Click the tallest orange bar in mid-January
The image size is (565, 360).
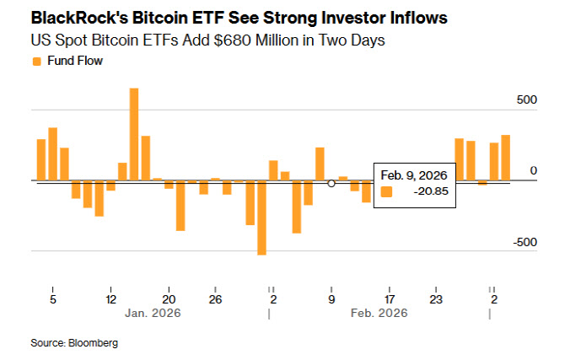tap(134, 133)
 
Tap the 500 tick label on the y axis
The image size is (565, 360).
tap(526, 99)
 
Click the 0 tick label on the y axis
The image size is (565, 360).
tap(533, 171)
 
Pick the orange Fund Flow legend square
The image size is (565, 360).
tap(36, 61)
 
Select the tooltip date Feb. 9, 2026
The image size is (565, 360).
tap(412, 175)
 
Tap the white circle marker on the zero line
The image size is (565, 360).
tap(331, 182)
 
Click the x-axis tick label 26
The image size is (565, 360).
tap(215, 299)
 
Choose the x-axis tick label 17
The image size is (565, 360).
tap(389, 299)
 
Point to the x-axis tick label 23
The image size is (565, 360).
tap(435, 299)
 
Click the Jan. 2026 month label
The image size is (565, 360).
tap(152, 313)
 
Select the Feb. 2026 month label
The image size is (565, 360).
tap(379, 313)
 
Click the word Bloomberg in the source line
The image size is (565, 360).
tap(93, 343)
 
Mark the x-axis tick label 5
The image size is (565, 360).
tap(52, 299)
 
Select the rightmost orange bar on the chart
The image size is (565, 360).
tap(506, 158)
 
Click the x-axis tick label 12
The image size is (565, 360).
tap(110, 299)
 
